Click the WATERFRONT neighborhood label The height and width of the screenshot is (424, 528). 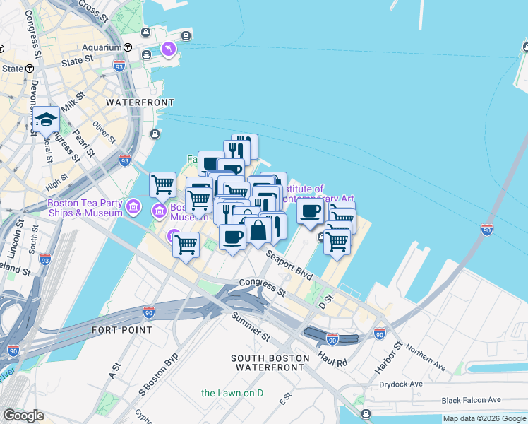pos(139,102)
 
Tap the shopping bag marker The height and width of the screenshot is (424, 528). pos(258,230)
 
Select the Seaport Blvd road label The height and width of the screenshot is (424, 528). pos(289,262)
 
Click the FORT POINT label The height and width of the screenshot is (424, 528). pos(121,330)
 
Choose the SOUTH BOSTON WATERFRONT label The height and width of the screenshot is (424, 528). pos(270,363)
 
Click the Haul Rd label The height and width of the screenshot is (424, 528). pos(332,358)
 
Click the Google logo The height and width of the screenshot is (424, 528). pos(23,416)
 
